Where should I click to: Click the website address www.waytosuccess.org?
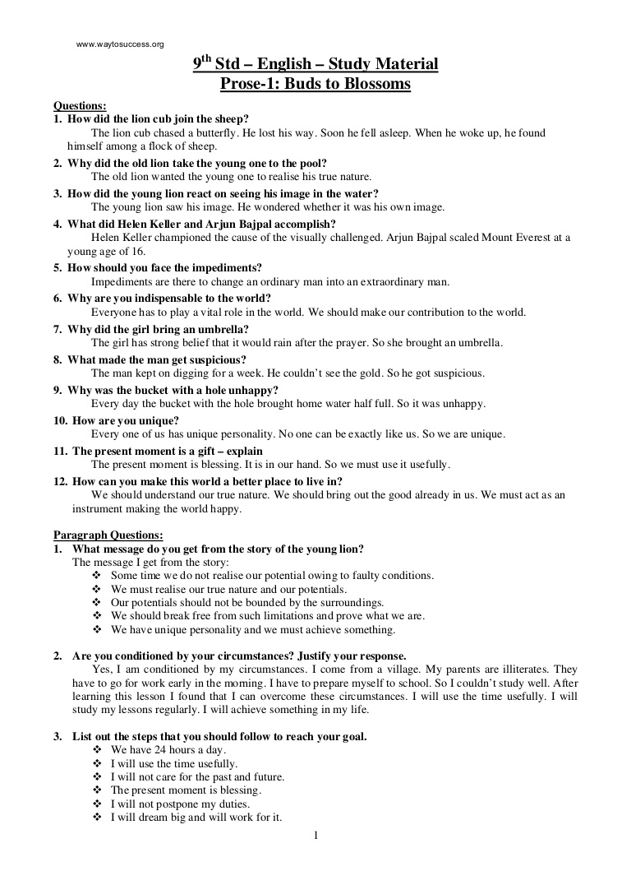coord(120,44)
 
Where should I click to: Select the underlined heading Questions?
coord(80,106)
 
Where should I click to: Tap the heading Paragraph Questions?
coord(108,535)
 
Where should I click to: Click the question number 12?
coord(60,481)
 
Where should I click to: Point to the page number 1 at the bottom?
coord(315,836)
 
